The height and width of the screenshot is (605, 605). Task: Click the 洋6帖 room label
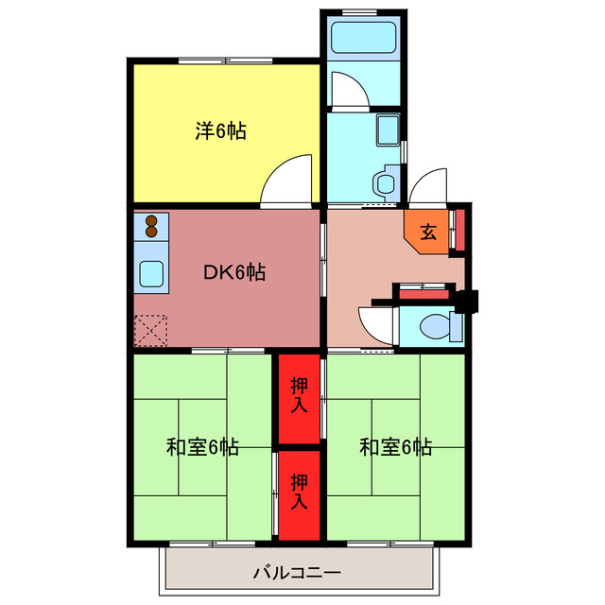tap(221, 132)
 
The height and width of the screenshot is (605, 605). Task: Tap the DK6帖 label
tap(234, 273)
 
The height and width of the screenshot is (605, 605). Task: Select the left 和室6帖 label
tap(202, 447)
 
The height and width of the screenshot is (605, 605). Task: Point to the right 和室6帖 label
tap(395, 447)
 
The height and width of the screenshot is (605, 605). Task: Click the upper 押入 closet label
tap(299, 395)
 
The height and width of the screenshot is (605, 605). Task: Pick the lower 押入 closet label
tap(299, 492)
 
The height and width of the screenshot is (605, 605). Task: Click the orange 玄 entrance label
tap(428, 232)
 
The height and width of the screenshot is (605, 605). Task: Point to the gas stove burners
tap(151, 227)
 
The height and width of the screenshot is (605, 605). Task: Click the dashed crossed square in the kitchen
tap(149, 330)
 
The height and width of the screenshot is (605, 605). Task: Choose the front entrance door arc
tap(429, 185)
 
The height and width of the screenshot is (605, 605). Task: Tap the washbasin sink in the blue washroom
tap(388, 130)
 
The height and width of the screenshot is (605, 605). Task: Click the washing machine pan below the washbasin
tap(386, 180)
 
